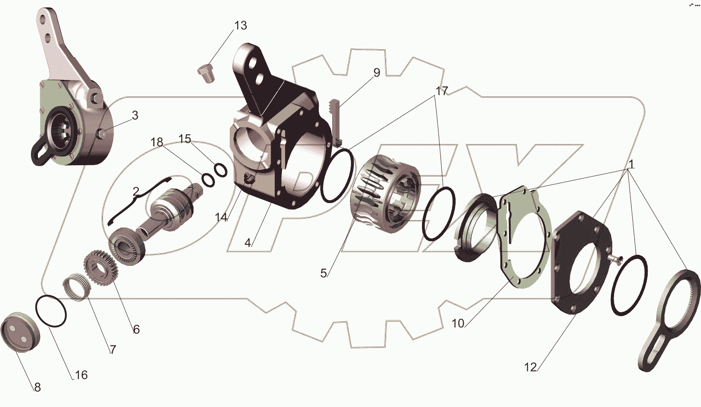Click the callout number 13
[241, 25]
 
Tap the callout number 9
[377, 72]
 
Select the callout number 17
[442, 91]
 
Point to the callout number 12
[530, 367]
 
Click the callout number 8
[37, 387]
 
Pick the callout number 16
[81, 375]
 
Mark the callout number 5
[323, 273]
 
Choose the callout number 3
[135, 115]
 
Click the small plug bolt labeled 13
[206, 73]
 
